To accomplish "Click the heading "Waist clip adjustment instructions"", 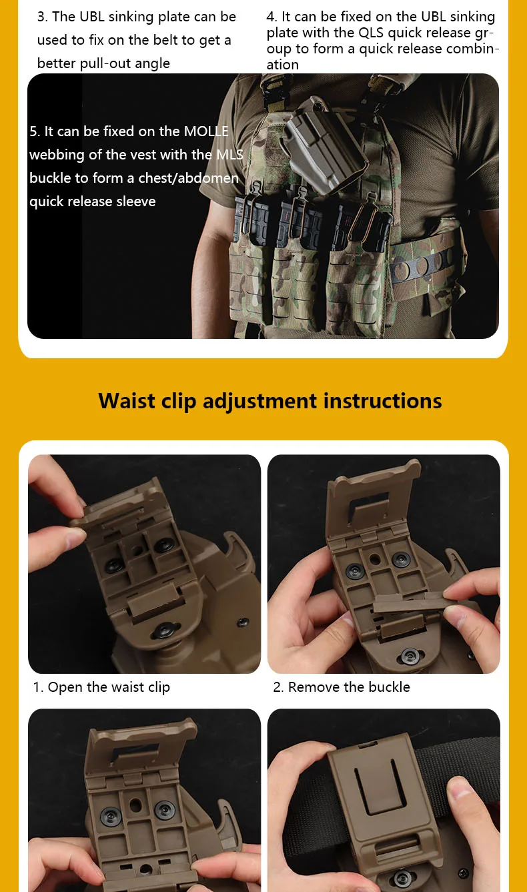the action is pos(270,400).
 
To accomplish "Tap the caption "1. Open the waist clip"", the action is pos(101,687).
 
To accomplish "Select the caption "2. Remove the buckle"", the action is pos(342,687).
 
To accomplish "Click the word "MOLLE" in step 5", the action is pos(206,131).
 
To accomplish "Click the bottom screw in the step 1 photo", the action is pos(164,630).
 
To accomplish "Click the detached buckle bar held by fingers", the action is pos(410,601).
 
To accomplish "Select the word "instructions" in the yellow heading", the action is pos(382,400).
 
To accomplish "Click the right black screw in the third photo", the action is pos(164,809).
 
